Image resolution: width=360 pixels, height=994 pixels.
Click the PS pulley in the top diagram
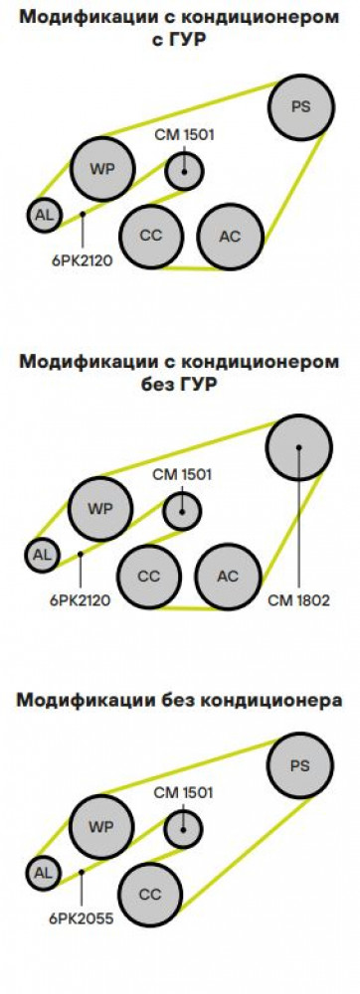[x=301, y=107]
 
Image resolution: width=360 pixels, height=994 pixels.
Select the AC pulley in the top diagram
[x=230, y=237]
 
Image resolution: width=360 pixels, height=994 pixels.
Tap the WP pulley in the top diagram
[x=102, y=169]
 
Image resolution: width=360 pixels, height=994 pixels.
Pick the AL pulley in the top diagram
[x=45, y=215]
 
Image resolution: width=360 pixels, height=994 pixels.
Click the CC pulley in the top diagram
[x=151, y=236]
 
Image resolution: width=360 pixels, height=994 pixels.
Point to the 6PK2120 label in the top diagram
[x=82, y=259]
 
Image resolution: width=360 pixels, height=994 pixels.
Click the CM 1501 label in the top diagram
[x=184, y=134]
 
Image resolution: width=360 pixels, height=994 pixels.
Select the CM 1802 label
[x=299, y=600]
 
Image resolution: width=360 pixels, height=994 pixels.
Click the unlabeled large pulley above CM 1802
[x=299, y=447]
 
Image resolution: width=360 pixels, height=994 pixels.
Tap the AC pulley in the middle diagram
[x=228, y=577]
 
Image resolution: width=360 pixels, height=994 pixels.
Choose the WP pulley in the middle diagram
[x=100, y=509]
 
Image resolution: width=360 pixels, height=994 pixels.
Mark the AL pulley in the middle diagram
[x=42, y=556]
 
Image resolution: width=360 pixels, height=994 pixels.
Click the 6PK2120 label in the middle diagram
[x=80, y=600]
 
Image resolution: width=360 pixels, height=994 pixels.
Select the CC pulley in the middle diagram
[x=149, y=577]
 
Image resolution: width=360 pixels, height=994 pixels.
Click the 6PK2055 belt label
[x=82, y=918]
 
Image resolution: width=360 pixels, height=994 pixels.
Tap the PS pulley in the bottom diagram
[x=299, y=765]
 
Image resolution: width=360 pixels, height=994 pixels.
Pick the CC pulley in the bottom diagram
[x=150, y=896]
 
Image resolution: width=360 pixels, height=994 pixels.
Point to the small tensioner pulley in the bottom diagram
[x=183, y=829]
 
